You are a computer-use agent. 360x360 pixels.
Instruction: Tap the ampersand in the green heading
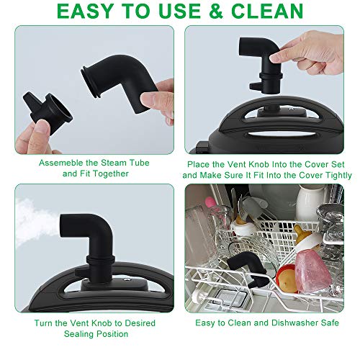(216, 11)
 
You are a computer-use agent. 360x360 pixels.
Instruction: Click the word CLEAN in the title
(267, 11)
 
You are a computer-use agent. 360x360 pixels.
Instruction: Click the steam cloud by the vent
(34, 223)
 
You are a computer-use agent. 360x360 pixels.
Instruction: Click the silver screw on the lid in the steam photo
(126, 279)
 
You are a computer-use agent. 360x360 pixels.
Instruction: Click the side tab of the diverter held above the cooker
(254, 86)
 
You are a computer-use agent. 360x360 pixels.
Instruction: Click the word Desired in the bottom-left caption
(140, 323)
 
